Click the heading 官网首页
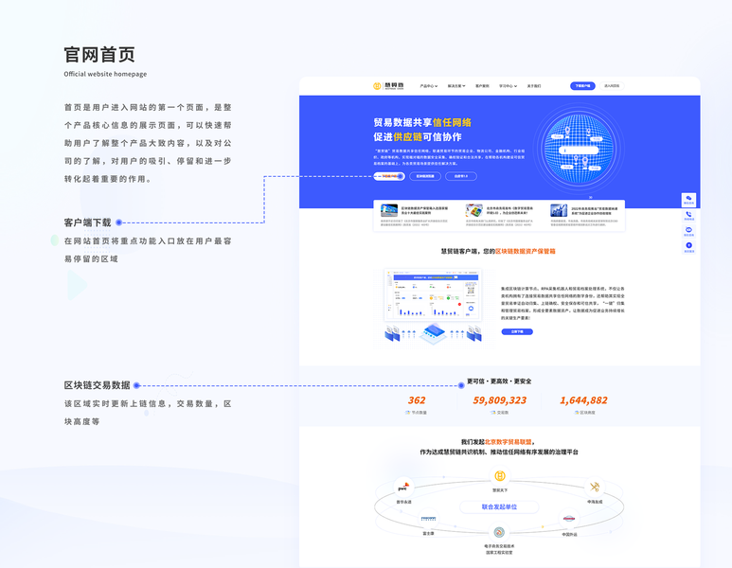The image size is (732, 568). click(99, 54)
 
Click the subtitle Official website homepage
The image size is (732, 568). click(105, 74)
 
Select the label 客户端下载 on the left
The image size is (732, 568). click(87, 222)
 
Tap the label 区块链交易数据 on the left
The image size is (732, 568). click(97, 385)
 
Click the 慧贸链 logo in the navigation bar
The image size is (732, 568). click(388, 86)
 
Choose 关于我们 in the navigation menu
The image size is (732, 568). click(534, 86)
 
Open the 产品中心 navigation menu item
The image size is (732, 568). click(428, 86)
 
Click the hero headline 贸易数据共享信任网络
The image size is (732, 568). click(422, 122)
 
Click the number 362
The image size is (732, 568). click(417, 400)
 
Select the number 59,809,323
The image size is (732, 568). click(499, 400)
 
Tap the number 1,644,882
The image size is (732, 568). click(583, 400)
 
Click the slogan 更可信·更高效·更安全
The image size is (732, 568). click(499, 382)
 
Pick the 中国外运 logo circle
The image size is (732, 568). click(569, 520)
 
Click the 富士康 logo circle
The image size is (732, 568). click(428, 519)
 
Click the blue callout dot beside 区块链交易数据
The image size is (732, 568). click(137, 385)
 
